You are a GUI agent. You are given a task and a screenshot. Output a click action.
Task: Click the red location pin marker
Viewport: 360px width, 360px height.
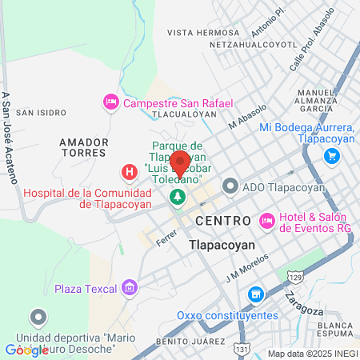tap(180, 163)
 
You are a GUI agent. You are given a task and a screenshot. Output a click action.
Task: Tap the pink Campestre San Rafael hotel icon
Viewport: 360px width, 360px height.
tap(111, 103)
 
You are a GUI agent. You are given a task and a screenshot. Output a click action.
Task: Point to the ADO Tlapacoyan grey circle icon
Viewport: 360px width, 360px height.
tap(231, 187)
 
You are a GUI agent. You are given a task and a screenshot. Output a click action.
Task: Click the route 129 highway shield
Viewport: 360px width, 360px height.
tap(294, 277)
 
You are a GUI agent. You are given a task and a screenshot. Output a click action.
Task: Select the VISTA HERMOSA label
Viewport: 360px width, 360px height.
tap(202, 33)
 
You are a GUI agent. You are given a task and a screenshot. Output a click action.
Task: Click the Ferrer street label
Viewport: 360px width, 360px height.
tap(166, 238)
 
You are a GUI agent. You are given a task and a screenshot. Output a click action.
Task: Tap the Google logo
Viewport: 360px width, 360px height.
tap(26, 350)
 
